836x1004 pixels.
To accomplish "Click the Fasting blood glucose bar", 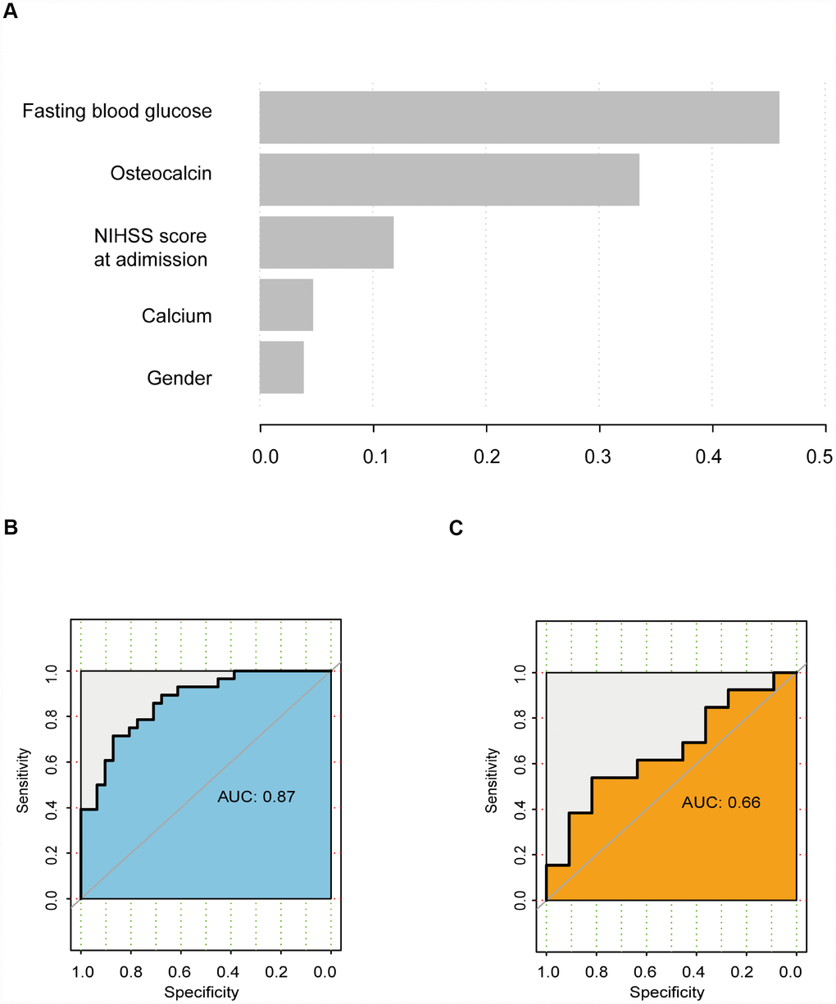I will (x=519, y=117).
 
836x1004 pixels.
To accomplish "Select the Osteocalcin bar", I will (x=449, y=179).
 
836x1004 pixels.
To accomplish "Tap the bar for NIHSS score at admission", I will (x=326, y=242).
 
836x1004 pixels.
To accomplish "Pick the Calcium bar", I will (x=286, y=305).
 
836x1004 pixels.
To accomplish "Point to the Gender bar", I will (x=281, y=367).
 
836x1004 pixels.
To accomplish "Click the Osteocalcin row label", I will (x=161, y=173).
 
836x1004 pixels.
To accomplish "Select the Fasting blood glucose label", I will (x=117, y=111).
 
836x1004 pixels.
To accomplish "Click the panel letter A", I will (x=11, y=16).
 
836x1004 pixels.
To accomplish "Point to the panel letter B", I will (x=11, y=528).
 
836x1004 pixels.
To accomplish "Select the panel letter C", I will (x=457, y=528).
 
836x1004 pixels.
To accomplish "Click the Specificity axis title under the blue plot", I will (x=202, y=993).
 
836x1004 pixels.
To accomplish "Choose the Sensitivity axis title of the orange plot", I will (x=491, y=779).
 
